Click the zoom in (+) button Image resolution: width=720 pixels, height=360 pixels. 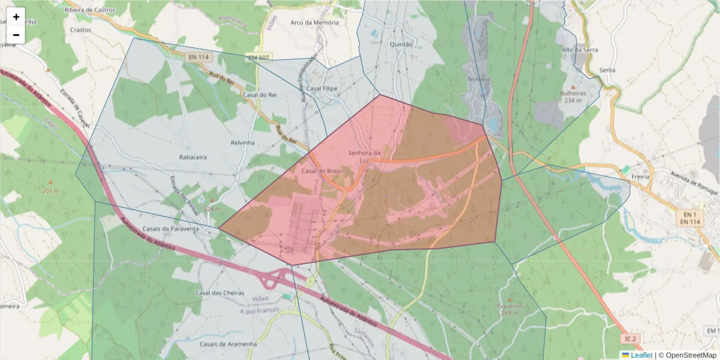(16, 17)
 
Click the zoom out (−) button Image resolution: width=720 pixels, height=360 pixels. (16, 35)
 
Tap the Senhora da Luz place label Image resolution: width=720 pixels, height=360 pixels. (365, 157)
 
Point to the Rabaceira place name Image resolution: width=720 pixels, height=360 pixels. (193, 157)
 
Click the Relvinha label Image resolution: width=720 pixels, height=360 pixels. (242, 143)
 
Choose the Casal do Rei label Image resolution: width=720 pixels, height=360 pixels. (260, 95)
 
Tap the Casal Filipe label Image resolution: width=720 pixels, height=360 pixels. (322, 88)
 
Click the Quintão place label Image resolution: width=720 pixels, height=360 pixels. (401, 44)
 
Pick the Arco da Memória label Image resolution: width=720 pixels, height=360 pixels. (314, 23)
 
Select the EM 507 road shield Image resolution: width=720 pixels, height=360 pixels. (259, 58)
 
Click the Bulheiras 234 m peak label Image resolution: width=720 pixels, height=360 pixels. (574, 97)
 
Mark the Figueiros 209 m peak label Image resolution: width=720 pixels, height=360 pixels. (510, 309)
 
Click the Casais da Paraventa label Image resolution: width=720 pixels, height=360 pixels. (171, 229)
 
